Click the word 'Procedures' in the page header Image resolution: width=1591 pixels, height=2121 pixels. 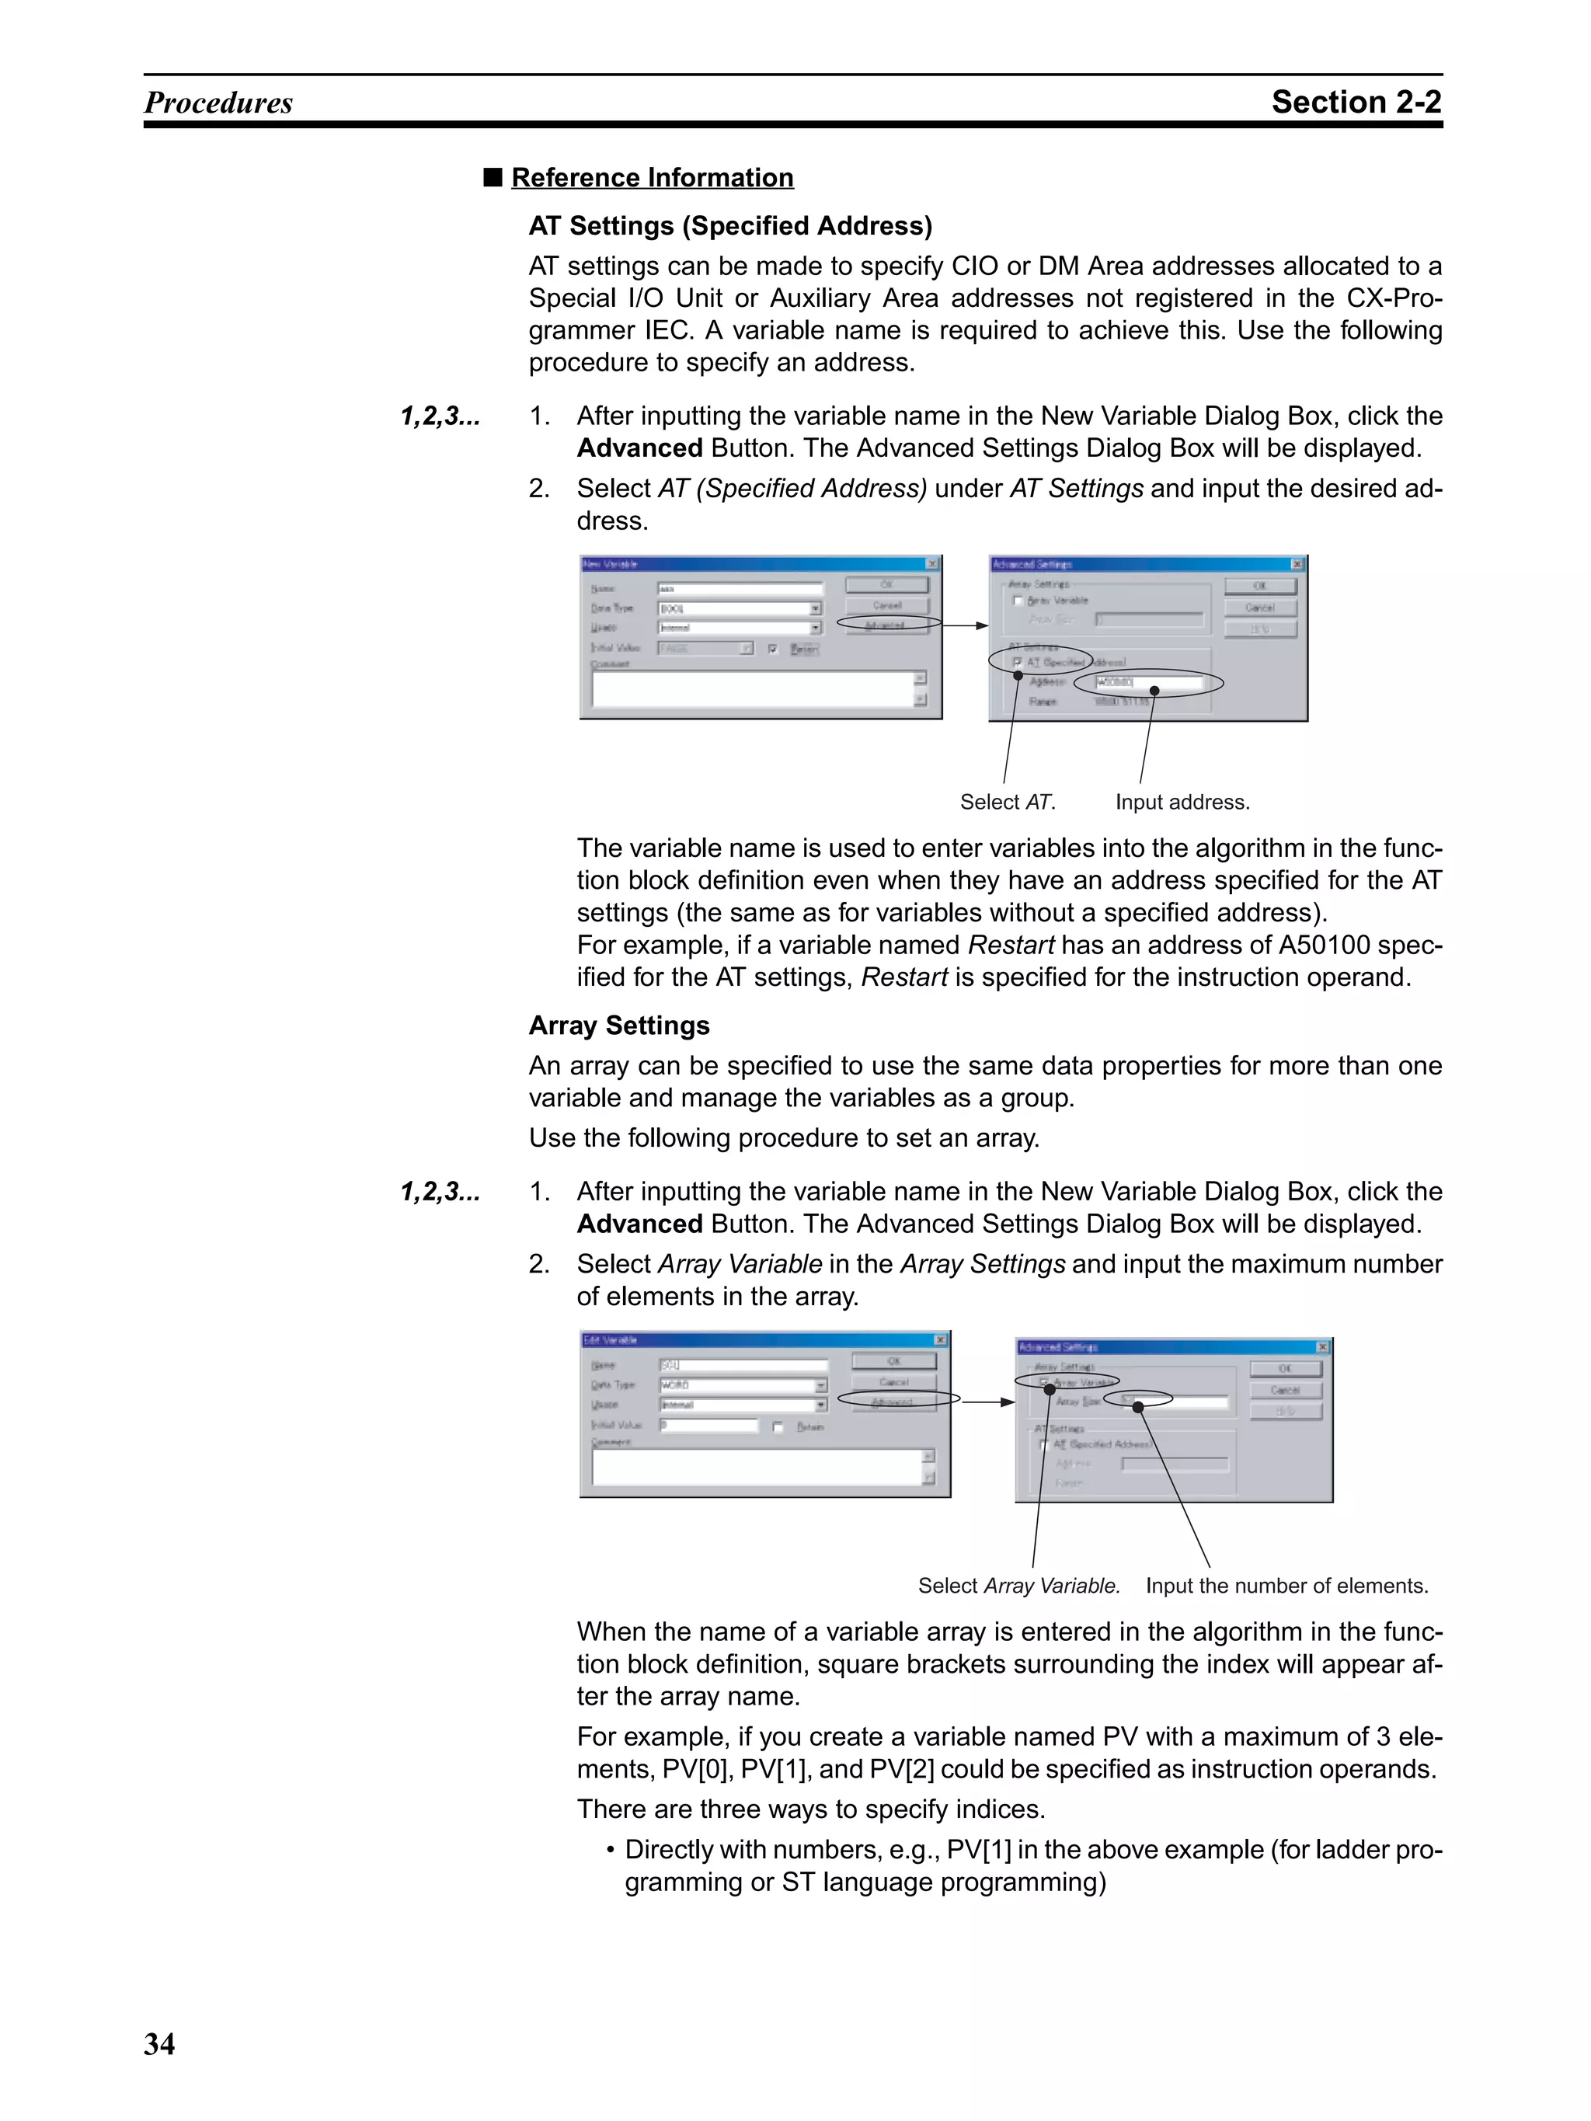pyautogui.click(x=218, y=103)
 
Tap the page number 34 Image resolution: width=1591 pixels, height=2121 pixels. pyautogui.click(x=159, y=2043)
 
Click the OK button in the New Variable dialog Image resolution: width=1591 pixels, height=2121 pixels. pyautogui.click(x=886, y=584)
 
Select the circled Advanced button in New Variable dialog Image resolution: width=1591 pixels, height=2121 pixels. pyautogui.click(x=886, y=624)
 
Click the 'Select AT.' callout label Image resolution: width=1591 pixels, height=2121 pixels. pyautogui.click(x=1007, y=802)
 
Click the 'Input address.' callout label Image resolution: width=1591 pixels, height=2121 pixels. pyautogui.click(x=1182, y=802)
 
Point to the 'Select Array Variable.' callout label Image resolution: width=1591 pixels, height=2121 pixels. pyautogui.click(x=1018, y=1585)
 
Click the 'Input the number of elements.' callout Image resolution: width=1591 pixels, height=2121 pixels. pyautogui.click(x=1286, y=1585)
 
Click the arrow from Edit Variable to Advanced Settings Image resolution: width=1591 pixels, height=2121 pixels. pyautogui.click(x=988, y=1401)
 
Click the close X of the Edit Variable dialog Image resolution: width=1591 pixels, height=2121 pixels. pyautogui.click(x=940, y=1339)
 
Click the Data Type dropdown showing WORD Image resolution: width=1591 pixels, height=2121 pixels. pyautogui.click(x=742, y=1384)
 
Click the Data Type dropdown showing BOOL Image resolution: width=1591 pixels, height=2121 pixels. pyautogui.click(x=739, y=608)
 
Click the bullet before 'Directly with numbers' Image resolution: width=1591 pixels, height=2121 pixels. pyautogui.click(x=610, y=1850)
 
